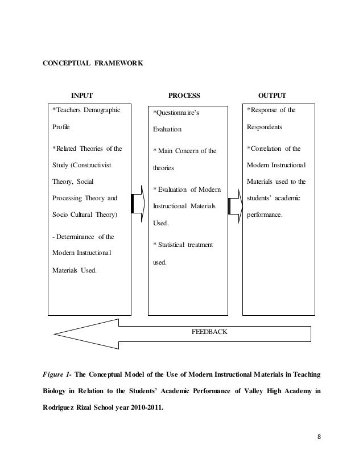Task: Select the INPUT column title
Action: click(81, 95)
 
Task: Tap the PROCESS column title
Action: click(185, 95)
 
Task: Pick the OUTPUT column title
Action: click(272, 95)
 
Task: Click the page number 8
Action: click(319, 437)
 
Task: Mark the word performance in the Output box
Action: click(267, 216)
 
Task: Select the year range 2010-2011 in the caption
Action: click(139, 406)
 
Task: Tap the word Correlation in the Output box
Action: click(265, 149)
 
